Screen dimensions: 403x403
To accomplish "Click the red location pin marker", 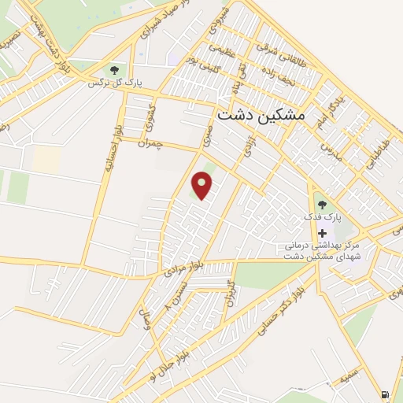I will (x=203, y=185).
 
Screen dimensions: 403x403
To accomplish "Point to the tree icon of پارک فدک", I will (x=320, y=205).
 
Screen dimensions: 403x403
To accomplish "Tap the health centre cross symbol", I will (x=321, y=234).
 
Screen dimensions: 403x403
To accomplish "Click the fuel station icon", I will (x=384, y=394).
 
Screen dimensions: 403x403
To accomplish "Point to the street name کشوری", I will (x=152, y=116).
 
